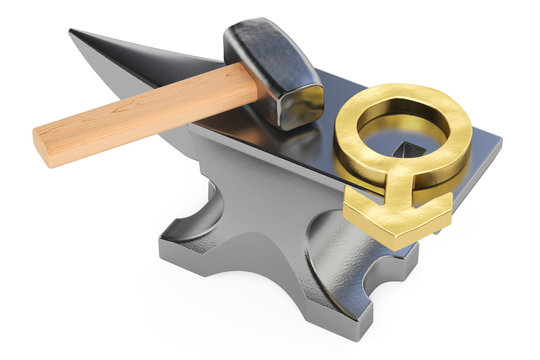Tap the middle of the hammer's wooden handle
pyautogui.click(x=140, y=113)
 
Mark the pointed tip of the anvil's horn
pyautogui.click(x=72, y=33)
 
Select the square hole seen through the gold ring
pyautogui.click(x=410, y=150)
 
